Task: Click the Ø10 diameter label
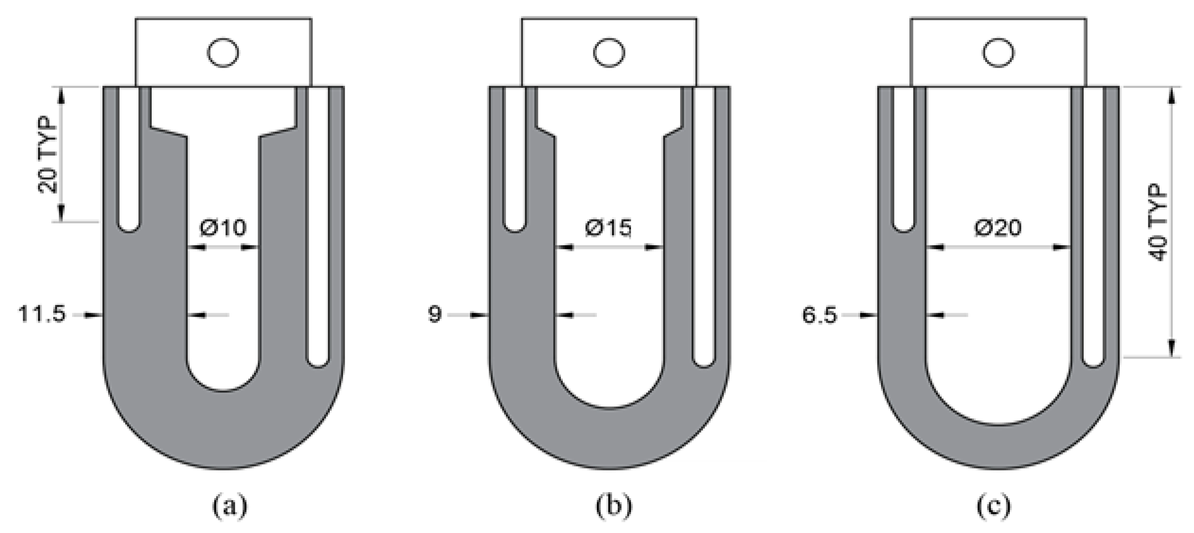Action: (223, 228)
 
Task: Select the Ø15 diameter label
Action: (608, 228)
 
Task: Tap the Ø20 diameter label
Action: (997, 228)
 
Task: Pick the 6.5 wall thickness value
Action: (819, 315)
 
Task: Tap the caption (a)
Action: (229, 506)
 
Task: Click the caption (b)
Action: (614, 506)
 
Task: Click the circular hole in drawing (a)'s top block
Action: (223, 53)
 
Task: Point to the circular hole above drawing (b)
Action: (609, 53)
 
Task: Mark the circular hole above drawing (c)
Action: (998, 53)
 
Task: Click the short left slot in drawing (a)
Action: (129, 158)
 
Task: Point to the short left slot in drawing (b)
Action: (514, 158)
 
